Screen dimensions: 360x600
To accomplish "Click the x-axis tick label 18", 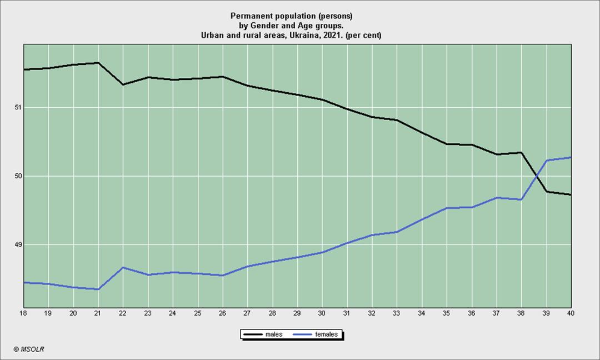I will click(x=23, y=313).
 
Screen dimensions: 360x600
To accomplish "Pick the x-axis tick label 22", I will click(x=123, y=313).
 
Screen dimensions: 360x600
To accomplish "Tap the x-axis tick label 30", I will click(x=322, y=313).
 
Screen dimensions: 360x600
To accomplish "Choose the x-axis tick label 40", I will click(x=571, y=313).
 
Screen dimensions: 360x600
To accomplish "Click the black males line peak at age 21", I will click(x=98, y=63).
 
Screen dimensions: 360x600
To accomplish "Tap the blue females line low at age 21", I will click(x=98, y=289).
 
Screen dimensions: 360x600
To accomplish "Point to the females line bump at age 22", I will click(x=123, y=267).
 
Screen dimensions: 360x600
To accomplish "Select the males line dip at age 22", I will click(x=123, y=84).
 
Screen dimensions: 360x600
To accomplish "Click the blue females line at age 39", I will click(x=547, y=161).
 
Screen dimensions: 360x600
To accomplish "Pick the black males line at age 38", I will click(x=522, y=152).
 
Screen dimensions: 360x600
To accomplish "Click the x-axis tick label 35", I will click(x=447, y=313).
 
